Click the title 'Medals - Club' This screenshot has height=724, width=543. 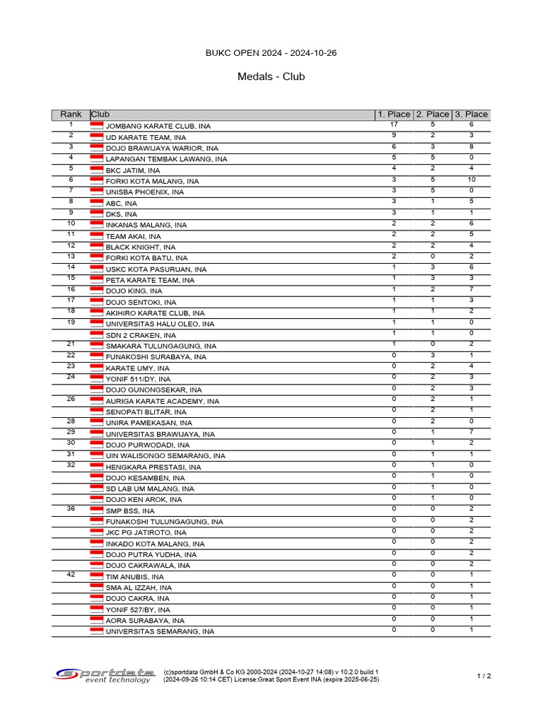pyautogui.click(x=271, y=76)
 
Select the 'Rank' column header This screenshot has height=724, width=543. pyautogui.click(x=71, y=115)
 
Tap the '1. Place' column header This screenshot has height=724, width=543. pyautogui.click(x=394, y=115)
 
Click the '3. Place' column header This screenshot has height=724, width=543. pyautogui.click(x=471, y=115)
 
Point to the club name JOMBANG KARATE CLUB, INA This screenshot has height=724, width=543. pyautogui.click(x=158, y=126)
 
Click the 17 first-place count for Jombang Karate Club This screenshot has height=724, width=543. pyautogui.click(x=394, y=124)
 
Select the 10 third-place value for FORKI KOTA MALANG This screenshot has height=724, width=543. pyautogui.click(x=471, y=180)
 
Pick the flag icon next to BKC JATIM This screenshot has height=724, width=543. pyautogui.click(x=97, y=170)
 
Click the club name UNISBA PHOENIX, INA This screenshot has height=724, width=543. pyautogui.click(x=144, y=192)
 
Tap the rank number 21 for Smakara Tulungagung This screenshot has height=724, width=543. pyautogui.click(x=71, y=344)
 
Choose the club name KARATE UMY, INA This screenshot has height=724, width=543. pyautogui.click(x=137, y=368)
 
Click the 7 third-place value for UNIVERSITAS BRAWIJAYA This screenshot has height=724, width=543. pyautogui.click(x=471, y=432)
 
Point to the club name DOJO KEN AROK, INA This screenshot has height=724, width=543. pyautogui.click(x=144, y=500)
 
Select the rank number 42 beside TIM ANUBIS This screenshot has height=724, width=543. pyautogui.click(x=71, y=575)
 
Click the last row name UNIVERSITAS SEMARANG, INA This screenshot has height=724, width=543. pyautogui.click(x=159, y=632)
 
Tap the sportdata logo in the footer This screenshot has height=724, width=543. pyautogui.click(x=105, y=675)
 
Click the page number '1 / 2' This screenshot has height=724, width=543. pyautogui.click(x=484, y=676)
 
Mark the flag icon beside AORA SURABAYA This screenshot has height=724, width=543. pyautogui.click(x=97, y=620)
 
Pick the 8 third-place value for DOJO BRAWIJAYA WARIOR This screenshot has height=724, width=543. pyautogui.click(x=471, y=146)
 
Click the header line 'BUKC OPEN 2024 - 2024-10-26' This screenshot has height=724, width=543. pyautogui.click(x=271, y=53)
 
